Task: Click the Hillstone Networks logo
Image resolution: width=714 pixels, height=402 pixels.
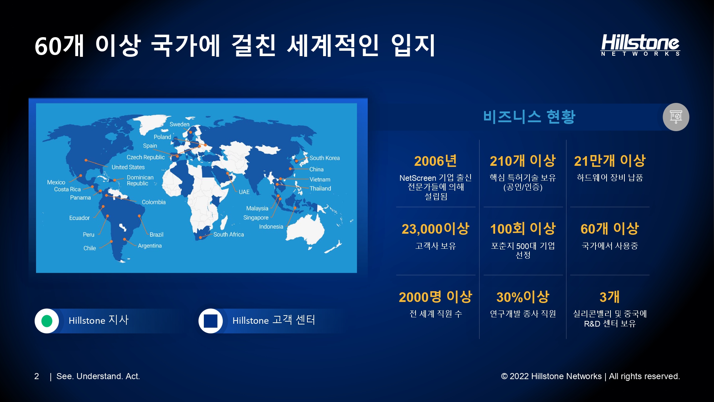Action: [640, 45]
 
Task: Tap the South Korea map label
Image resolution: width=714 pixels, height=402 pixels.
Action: [325, 158]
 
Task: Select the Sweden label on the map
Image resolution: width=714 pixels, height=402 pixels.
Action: [180, 124]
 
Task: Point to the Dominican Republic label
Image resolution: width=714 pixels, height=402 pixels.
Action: [140, 180]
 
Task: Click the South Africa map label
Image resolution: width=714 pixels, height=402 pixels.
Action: [228, 234]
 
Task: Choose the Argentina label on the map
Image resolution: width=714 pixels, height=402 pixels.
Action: [150, 246]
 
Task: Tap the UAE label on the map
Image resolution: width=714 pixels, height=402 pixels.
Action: [244, 192]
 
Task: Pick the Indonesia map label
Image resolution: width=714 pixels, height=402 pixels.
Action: [271, 227]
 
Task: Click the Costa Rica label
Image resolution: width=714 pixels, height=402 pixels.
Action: [67, 189]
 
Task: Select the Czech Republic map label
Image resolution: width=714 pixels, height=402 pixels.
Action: [146, 157]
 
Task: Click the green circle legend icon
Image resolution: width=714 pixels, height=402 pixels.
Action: [47, 321]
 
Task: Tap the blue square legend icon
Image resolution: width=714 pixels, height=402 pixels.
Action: [211, 321]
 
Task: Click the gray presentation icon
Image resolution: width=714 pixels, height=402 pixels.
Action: [676, 117]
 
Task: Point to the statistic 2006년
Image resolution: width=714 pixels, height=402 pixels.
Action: [436, 161]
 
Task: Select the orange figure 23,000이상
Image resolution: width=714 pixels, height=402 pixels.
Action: [436, 229]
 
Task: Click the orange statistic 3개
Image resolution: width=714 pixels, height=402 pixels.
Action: [610, 297]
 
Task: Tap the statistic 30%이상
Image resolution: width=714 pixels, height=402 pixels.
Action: [523, 297]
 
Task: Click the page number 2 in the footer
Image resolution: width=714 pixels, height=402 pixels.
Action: [36, 376]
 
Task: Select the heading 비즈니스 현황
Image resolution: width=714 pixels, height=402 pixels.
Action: [529, 117]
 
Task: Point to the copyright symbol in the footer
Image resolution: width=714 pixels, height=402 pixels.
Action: [504, 376]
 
